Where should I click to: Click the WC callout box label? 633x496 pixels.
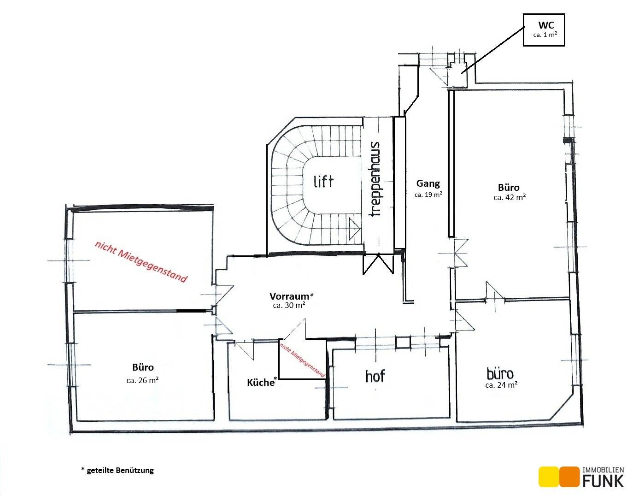click(546, 25)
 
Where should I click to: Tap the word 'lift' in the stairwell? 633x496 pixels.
click(323, 182)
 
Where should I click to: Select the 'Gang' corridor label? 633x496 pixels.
click(428, 183)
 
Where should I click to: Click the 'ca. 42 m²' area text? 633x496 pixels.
click(510, 197)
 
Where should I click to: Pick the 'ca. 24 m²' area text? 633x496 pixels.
click(501, 385)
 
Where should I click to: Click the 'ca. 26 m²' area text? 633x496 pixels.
click(142, 380)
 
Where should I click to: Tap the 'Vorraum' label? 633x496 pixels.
click(289, 296)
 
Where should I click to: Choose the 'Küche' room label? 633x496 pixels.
click(261, 382)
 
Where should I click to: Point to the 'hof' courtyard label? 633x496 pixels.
click(375, 376)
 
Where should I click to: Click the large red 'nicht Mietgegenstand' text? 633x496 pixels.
click(141, 262)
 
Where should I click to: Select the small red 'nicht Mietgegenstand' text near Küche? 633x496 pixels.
click(302, 360)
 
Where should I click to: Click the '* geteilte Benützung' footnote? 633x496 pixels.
click(117, 470)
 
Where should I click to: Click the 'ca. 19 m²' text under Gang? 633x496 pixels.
click(428, 195)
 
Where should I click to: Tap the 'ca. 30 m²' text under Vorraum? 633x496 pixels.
click(289, 305)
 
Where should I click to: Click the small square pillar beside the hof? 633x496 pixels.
click(403, 342)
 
